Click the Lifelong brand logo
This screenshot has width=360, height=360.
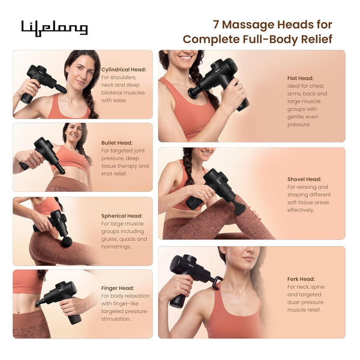pyautogui.click(x=55, y=28)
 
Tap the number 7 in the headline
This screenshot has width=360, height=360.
pyautogui.click(x=216, y=25)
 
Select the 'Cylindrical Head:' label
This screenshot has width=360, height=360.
pyautogui.click(x=124, y=70)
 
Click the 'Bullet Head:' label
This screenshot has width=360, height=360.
pyautogui.click(x=117, y=143)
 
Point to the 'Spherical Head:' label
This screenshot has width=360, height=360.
pyautogui.click(x=122, y=216)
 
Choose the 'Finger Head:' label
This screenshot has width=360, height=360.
pyautogui.click(x=118, y=288)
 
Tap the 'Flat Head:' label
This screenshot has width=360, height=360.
pyautogui.click(x=301, y=78)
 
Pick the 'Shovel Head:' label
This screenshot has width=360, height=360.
pyautogui.click(x=304, y=179)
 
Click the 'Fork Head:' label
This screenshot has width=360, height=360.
pyautogui.click(x=301, y=279)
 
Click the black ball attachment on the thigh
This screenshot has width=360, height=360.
pyautogui.click(x=67, y=242)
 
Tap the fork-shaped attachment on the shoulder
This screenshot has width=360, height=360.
pyautogui.click(x=217, y=283)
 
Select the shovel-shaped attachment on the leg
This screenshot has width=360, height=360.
pyautogui.click(x=239, y=208)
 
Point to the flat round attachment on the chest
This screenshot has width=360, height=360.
pyautogui.click(x=193, y=92)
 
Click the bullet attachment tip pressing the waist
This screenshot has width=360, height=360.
pyautogui.click(x=61, y=170)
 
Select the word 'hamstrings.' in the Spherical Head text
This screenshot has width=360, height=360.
pyautogui.click(x=116, y=247)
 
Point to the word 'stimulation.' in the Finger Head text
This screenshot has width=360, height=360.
pyautogui.click(x=116, y=319)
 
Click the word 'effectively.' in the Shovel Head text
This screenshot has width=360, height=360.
pyautogui.click(x=300, y=211)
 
